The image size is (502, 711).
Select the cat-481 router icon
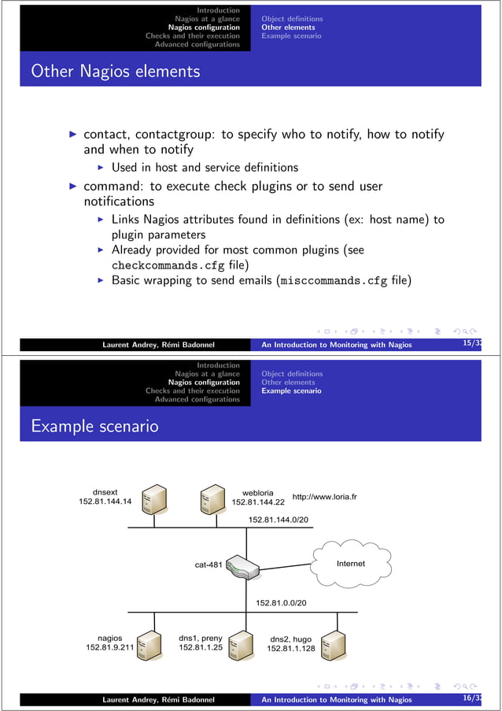click(243, 566)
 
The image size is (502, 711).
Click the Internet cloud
click(350, 564)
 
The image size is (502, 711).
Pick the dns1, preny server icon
click(241, 644)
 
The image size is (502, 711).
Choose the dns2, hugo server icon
click(334, 644)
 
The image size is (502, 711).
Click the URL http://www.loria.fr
click(324, 497)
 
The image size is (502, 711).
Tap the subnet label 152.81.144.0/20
click(278, 520)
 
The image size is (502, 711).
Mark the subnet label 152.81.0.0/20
click(281, 603)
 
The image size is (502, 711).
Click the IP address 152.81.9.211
click(109, 648)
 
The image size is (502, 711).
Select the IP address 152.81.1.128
click(290, 649)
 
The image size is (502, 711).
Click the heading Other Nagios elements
click(115, 72)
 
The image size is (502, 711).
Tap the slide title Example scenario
click(94, 427)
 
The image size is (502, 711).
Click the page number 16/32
click(473, 698)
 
